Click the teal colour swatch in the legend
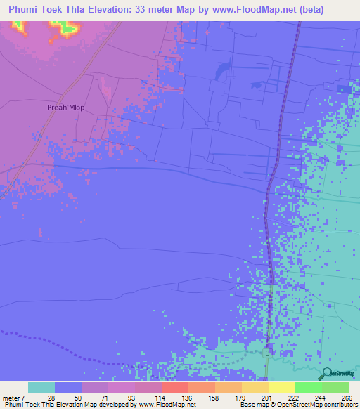click(41, 387)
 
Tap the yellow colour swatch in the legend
click(281, 387)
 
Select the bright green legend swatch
click(308, 387)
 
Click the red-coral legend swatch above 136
click(174, 387)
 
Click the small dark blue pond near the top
click(223, 69)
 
